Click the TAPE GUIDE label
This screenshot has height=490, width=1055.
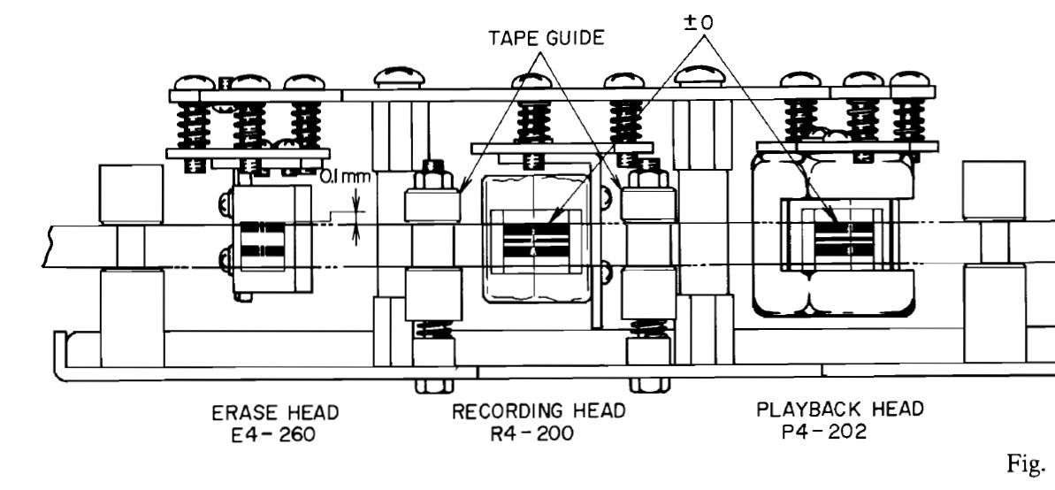pyautogui.click(x=546, y=38)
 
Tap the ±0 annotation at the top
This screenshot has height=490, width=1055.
pyautogui.click(x=699, y=22)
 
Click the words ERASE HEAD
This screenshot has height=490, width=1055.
pyautogui.click(x=275, y=412)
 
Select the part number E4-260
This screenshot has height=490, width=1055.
pyautogui.click(x=272, y=435)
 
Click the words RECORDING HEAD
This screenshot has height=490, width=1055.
pyautogui.click(x=539, y=410)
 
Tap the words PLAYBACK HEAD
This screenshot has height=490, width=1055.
pyautogui.click(x=840, y=409)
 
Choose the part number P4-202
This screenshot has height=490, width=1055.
pyautogui.click(x=823, y=432)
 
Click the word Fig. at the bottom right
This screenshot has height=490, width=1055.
pyautogui.click(x=1030, y=463)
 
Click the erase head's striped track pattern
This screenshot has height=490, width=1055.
pyautogui.click(x=263, y=240)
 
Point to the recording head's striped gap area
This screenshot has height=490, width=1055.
pyautogui.click(x=536, y=241)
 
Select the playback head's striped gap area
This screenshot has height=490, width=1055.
pyautogui.click(x=844, y=241)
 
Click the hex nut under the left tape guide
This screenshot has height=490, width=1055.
pyautogui.click(x=433, y=385)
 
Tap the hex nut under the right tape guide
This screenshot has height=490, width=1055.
pyautogui.click(x=648, y=385)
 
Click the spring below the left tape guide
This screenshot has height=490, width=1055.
pyautogui.click(x=434, y=329)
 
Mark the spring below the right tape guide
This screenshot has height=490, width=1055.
pyautogui.click(x=648, y=328)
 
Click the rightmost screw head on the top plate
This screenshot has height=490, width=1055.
pyautogui.click(x=910, y=79)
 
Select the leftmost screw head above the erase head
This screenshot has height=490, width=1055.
pyautogui.click(x=194, y=83)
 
